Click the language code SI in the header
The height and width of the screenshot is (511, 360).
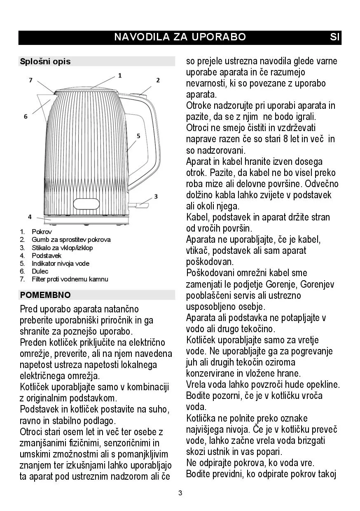coord(334,37)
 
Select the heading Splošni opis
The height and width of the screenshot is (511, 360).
coord(45,61)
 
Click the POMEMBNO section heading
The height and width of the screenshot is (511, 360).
coord(45,295)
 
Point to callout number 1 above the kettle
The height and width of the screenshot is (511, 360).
coord(120,75)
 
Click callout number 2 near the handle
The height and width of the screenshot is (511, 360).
coord(158,80)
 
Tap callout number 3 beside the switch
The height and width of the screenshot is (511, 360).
coord(156,196)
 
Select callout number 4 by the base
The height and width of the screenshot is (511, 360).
coord(30,216)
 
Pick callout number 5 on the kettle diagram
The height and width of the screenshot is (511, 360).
coord(138,136)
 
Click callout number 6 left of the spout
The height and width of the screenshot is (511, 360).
coord(26,117)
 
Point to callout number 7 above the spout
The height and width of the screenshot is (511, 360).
coord(30,80)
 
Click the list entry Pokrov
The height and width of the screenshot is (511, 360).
coord(42,232)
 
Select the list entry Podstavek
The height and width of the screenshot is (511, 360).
coord(47,255)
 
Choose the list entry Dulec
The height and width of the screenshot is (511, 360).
coord(40,271)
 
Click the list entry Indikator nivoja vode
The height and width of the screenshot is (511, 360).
coord(60,263)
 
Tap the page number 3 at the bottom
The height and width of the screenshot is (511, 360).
coord(180,493)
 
